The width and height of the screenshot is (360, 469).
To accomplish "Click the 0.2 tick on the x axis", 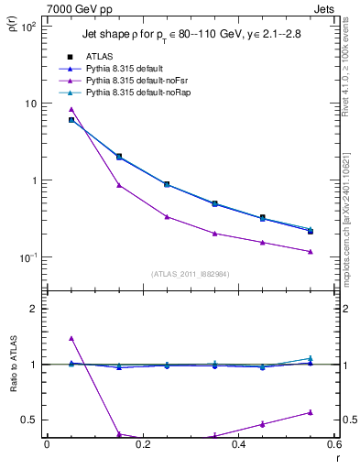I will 142,444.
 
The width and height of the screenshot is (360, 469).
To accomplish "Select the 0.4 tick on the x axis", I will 238,444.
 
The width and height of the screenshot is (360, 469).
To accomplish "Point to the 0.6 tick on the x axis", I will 333,444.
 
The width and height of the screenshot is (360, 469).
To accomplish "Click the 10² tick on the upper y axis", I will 27,27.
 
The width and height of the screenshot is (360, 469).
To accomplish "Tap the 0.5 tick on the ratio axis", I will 29,420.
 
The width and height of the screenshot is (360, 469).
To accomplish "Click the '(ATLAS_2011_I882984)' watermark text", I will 190,274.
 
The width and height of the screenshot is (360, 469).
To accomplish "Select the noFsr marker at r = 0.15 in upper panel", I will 119,185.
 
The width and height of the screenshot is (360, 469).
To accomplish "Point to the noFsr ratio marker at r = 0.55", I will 311,412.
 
